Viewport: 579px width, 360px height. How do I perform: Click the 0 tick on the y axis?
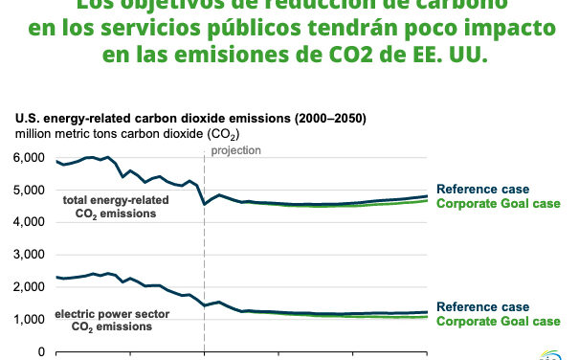[x=40, y=352]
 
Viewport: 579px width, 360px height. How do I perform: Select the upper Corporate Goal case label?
[x=498, y=203]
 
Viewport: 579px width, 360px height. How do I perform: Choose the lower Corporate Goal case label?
[x=498, y=321]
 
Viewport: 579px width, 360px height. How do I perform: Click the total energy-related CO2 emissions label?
[x=111, y=207]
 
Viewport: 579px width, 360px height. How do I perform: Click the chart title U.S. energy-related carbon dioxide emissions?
[x=189, y=118]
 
